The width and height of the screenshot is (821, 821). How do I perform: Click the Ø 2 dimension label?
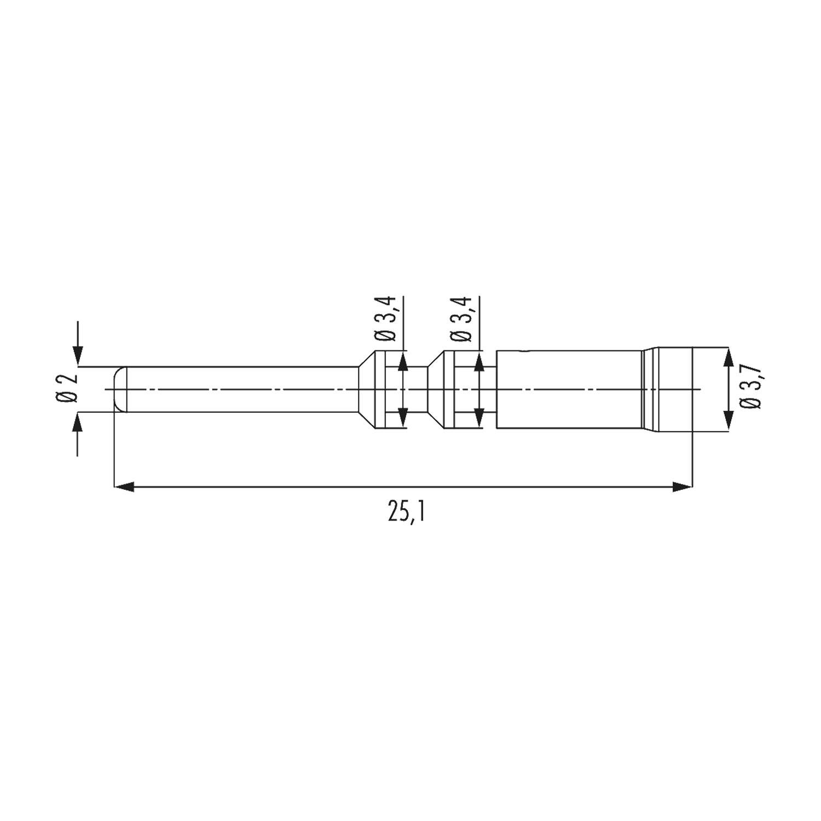click(67, 390)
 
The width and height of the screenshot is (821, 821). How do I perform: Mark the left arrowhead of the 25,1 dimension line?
click(124, 486)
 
